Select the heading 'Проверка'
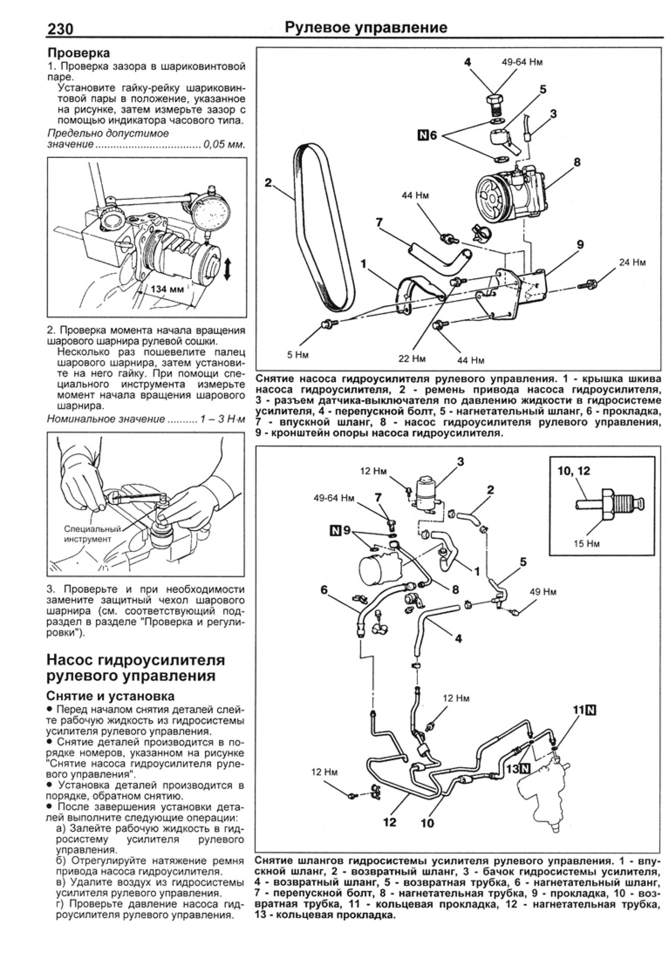click(79, 53)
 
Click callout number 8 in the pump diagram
click(577, 162)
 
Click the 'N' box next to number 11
click(591, 710)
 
